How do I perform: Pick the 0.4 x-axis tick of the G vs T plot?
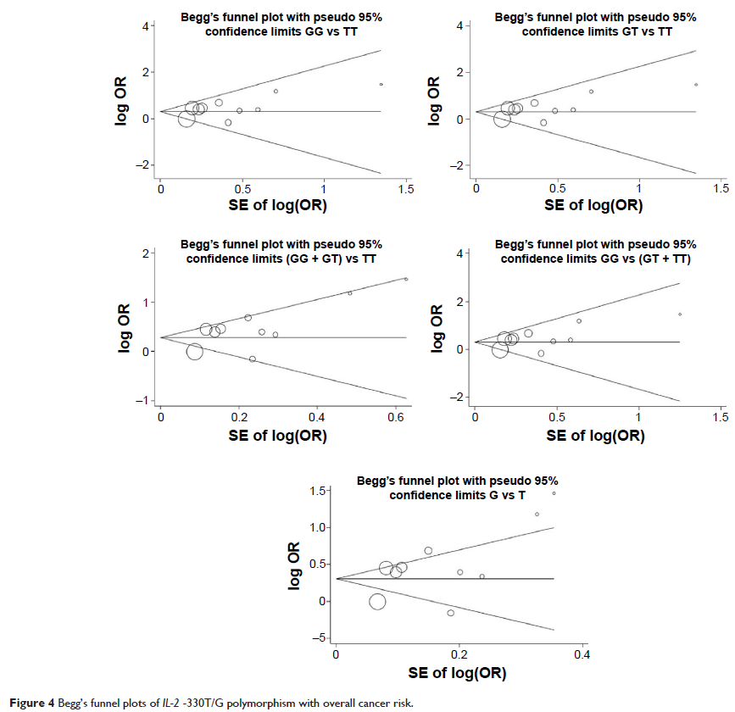582,655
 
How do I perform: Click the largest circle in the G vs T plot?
377,602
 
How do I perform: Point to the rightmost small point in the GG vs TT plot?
381,84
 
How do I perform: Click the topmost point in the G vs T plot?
554,492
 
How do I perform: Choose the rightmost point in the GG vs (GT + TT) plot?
680,314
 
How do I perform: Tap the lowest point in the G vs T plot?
450,613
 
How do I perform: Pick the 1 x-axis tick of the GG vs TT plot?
324,188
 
